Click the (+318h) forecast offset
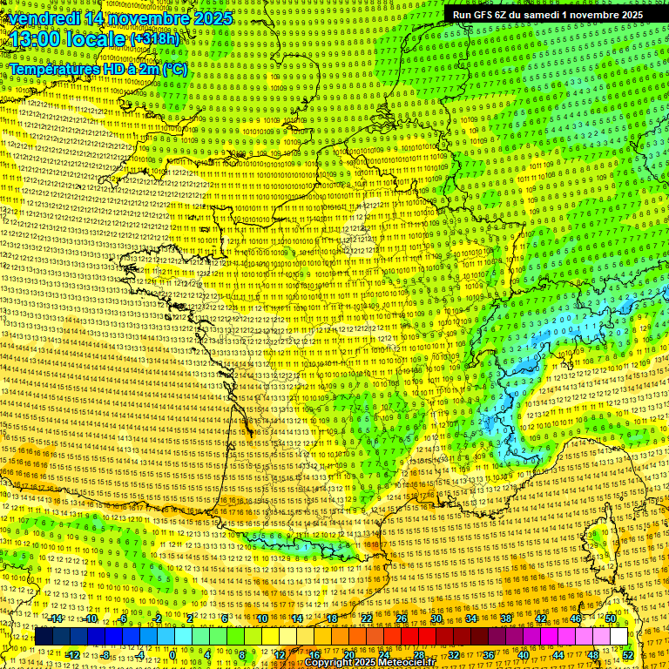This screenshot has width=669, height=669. pyautogui.click(x=154, y=38)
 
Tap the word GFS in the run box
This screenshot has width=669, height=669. pyautogui.click(x=483, y=14)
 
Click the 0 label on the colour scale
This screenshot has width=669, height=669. pyautogui.click(x=172, y=655)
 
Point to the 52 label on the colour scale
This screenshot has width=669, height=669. pyautogui.click(x=628, y=655)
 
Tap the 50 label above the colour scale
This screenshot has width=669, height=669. pyautogui.click(x=611, y=618)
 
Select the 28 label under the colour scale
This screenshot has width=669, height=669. pyautogui.click(x=418, y=655)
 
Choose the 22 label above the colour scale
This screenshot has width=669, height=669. pyautogui.click(x=367, y=618)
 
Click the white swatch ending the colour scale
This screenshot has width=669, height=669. pyautogui.click(x=618, y=637)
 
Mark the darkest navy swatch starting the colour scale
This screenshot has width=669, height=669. pyautogui.click(x=44, y=637)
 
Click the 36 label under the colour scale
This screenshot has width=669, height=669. pyautogui.click(x=488, y=655)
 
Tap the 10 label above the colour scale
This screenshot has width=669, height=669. pyautogui.click(x=261, y=618)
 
